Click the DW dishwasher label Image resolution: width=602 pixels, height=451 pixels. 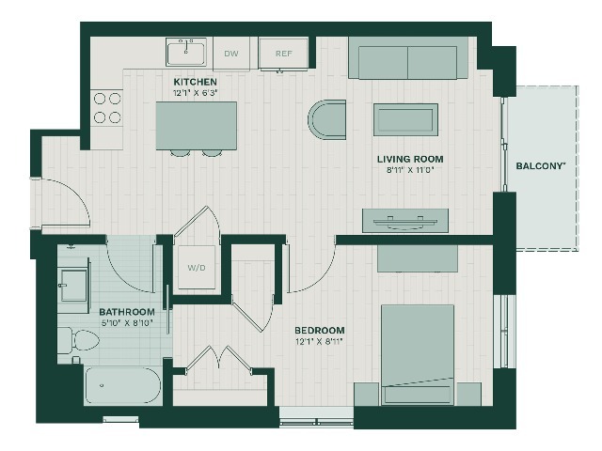coord(231,54)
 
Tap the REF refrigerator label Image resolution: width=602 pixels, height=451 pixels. coord(284,54)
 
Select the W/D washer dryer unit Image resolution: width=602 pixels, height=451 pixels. coord(197,267)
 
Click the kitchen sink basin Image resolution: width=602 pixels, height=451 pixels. coord(186,54)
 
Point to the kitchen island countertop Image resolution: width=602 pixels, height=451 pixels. coord(197,125)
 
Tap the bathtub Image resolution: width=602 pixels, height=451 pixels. coord(122,385)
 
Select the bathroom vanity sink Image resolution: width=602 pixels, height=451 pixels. coord(73,285)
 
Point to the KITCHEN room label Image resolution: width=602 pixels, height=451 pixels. coord(195,82)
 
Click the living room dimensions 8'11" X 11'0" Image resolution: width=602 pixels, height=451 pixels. coord(410,170)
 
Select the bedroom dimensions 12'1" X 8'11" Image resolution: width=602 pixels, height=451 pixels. coord(319,341)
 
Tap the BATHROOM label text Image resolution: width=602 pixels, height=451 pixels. coord(127,312)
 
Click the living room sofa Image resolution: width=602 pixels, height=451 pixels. coord(408,58)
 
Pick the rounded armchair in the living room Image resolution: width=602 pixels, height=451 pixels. coord(327,119)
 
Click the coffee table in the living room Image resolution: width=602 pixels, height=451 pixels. coord(405,119)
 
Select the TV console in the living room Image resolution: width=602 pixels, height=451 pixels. coord(405,221)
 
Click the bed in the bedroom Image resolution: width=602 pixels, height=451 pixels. coord(418,354)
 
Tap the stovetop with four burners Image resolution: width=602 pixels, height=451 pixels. coord(107,108)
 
